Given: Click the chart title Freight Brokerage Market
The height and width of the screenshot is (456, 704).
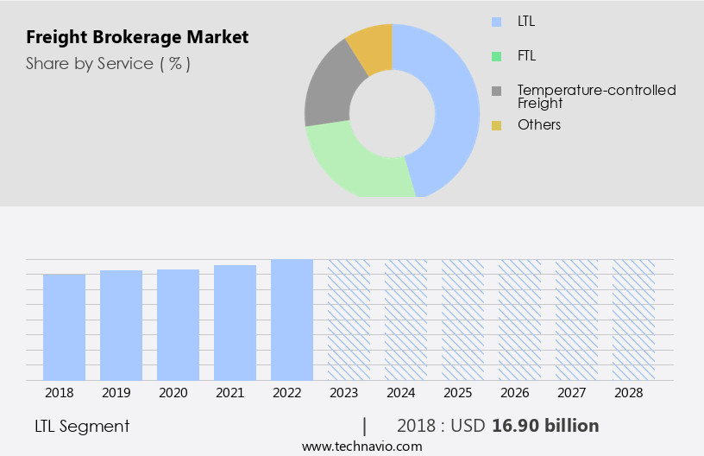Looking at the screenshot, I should click(x=137, y=37).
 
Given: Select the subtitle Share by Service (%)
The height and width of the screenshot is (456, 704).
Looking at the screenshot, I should click(x=108, y=63).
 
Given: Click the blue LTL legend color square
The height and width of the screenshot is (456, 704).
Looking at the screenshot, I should click(x=496, y=22).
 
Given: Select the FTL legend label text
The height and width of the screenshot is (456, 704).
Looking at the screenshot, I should click(x=528, y=56).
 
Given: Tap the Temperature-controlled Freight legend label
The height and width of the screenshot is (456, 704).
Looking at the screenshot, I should click(x=596, y=96).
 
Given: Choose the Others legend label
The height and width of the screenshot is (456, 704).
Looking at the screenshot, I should click(x=539, y=125).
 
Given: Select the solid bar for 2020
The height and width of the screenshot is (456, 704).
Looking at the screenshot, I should click(x=178, y=325).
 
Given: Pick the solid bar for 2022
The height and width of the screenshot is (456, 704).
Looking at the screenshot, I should click(x=292, y=320).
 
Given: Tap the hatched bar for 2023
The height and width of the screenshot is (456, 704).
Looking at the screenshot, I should click(x=349, y=320).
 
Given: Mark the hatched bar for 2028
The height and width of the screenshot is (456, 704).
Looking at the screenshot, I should click(x=633, y=320).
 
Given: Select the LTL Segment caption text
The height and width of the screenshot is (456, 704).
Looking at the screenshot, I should click(x=82, y=426).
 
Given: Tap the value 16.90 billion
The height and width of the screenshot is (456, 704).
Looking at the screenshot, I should click(x=545, y=426).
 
